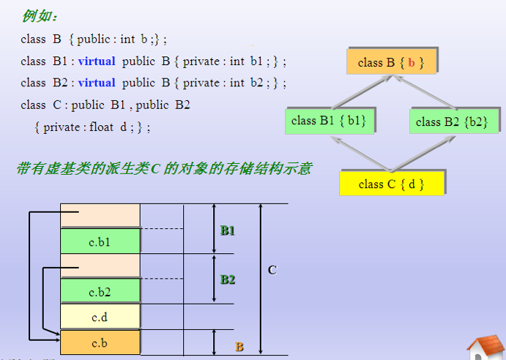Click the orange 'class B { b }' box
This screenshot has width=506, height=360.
coord(392,62)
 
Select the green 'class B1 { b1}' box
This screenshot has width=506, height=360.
coord(330,121)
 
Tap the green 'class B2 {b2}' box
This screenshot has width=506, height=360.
coord(454,121)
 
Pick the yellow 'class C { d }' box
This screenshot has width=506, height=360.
coord(392,184)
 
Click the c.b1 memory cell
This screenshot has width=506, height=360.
coord(100,241)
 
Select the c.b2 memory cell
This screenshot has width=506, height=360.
coord(100,291)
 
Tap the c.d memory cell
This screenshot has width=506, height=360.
coord(100,317)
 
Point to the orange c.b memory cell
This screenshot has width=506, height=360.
coord(100,342)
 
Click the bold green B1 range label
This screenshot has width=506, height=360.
coord(228,230)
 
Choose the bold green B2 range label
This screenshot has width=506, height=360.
coord(228,280)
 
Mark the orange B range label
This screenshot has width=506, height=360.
coord(239,347)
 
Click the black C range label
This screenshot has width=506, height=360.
coord(272,270)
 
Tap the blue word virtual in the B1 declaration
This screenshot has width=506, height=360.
coord(97,61)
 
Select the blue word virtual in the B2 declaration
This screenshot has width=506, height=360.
coord(97,83)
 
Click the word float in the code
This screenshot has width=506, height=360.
coord(101,127)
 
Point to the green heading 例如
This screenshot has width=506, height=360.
coord(39,15)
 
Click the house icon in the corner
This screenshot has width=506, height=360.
coord(485,348)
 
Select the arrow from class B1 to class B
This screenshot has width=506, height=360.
coord(362,92)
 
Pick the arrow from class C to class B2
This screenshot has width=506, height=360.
coord(423,154)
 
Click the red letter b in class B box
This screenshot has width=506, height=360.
coord(411,62)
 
